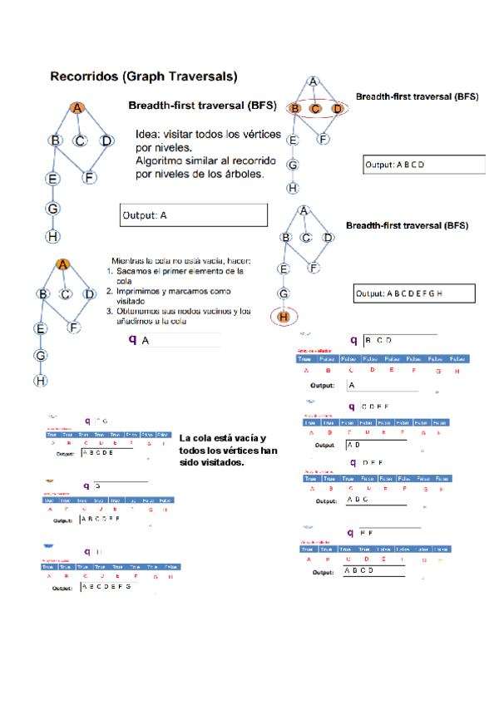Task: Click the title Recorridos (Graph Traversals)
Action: (144, 76)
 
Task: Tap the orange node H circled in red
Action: (284, 316)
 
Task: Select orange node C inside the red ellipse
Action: (315, 108)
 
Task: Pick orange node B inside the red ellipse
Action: (294, 108)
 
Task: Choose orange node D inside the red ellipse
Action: (337, 108)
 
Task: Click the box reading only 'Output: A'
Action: (194, 215)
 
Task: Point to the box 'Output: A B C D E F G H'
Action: (413, 293)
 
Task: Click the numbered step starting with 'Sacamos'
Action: (179, 271)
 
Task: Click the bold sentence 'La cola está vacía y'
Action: (222, 438)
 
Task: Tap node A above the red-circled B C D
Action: (314, 81)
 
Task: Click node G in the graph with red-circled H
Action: (284, 293)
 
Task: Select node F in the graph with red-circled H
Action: (314, 268)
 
